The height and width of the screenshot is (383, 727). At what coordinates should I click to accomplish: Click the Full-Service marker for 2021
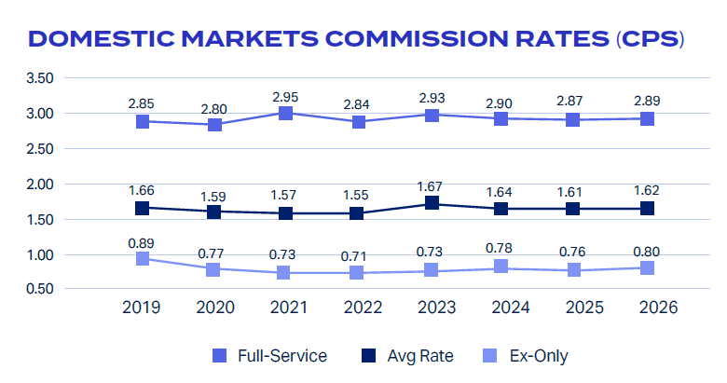point(285,113)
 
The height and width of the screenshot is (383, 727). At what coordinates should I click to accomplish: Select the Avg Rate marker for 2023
point(432,202)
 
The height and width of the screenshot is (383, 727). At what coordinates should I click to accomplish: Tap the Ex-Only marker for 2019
point(143,258)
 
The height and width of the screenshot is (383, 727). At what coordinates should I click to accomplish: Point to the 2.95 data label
point(285,97)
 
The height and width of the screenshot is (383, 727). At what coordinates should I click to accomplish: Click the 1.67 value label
point(430,186)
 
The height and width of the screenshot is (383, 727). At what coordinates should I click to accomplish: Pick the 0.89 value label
point(141,243)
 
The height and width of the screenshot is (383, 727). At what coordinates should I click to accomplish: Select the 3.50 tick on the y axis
point(40,78)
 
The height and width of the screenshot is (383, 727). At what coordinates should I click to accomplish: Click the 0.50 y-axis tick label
point(40,289)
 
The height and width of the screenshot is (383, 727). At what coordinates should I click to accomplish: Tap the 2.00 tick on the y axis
point(40,185)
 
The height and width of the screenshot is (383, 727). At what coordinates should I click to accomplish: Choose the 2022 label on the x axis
point(363,308)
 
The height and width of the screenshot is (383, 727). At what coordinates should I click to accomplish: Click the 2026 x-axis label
point(658,308)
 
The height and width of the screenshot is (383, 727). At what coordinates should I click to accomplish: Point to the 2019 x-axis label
point(141,308)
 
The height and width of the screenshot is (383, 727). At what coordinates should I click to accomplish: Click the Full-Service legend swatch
point(219,356)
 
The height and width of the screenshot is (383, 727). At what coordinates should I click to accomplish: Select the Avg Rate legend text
point(420,356)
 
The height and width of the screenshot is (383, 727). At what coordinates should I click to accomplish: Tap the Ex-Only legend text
point(539,356)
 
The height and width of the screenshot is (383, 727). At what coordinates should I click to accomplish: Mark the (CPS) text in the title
point(650,39)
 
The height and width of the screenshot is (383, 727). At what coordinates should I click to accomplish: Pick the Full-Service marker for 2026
point(647,118)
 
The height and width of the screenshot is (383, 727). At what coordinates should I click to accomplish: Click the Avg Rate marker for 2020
point(213,212)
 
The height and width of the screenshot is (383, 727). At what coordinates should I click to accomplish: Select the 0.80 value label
point(646,252)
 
